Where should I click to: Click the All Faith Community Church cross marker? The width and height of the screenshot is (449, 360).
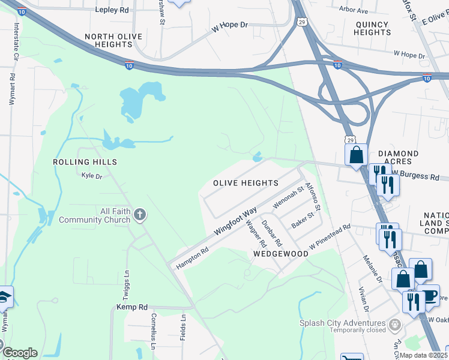pyautogui.click(x=140, y=214)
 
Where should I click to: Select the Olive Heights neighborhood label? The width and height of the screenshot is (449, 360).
pyautogui.click(x=246, y=183)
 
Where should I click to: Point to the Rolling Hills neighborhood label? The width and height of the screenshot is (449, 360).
pyautogui.click(x=85, y=162)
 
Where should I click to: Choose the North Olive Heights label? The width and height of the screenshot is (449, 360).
pyautogui.click(x=113, y=41)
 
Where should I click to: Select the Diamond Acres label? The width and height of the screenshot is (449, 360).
pyautogui.click(x=395, y=158)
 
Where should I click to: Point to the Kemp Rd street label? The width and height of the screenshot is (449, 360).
pyautogui.click(x=131, y=307)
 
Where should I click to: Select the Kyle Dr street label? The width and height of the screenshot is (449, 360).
pyautogui.click(x=92, y=176)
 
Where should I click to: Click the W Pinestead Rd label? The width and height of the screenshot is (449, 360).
pyautogui.click(x=330, y=238)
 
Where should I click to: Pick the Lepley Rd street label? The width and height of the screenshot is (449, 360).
pyautogui.click(x=112, y=10)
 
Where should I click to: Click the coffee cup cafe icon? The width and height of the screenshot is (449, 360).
pyautogui.click(x=429, y=295)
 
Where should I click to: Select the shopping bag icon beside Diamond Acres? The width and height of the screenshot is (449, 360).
pyautogui.click(x=357, y=155)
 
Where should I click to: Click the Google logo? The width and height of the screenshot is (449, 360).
pyautogui.click(x=19, y=353)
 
